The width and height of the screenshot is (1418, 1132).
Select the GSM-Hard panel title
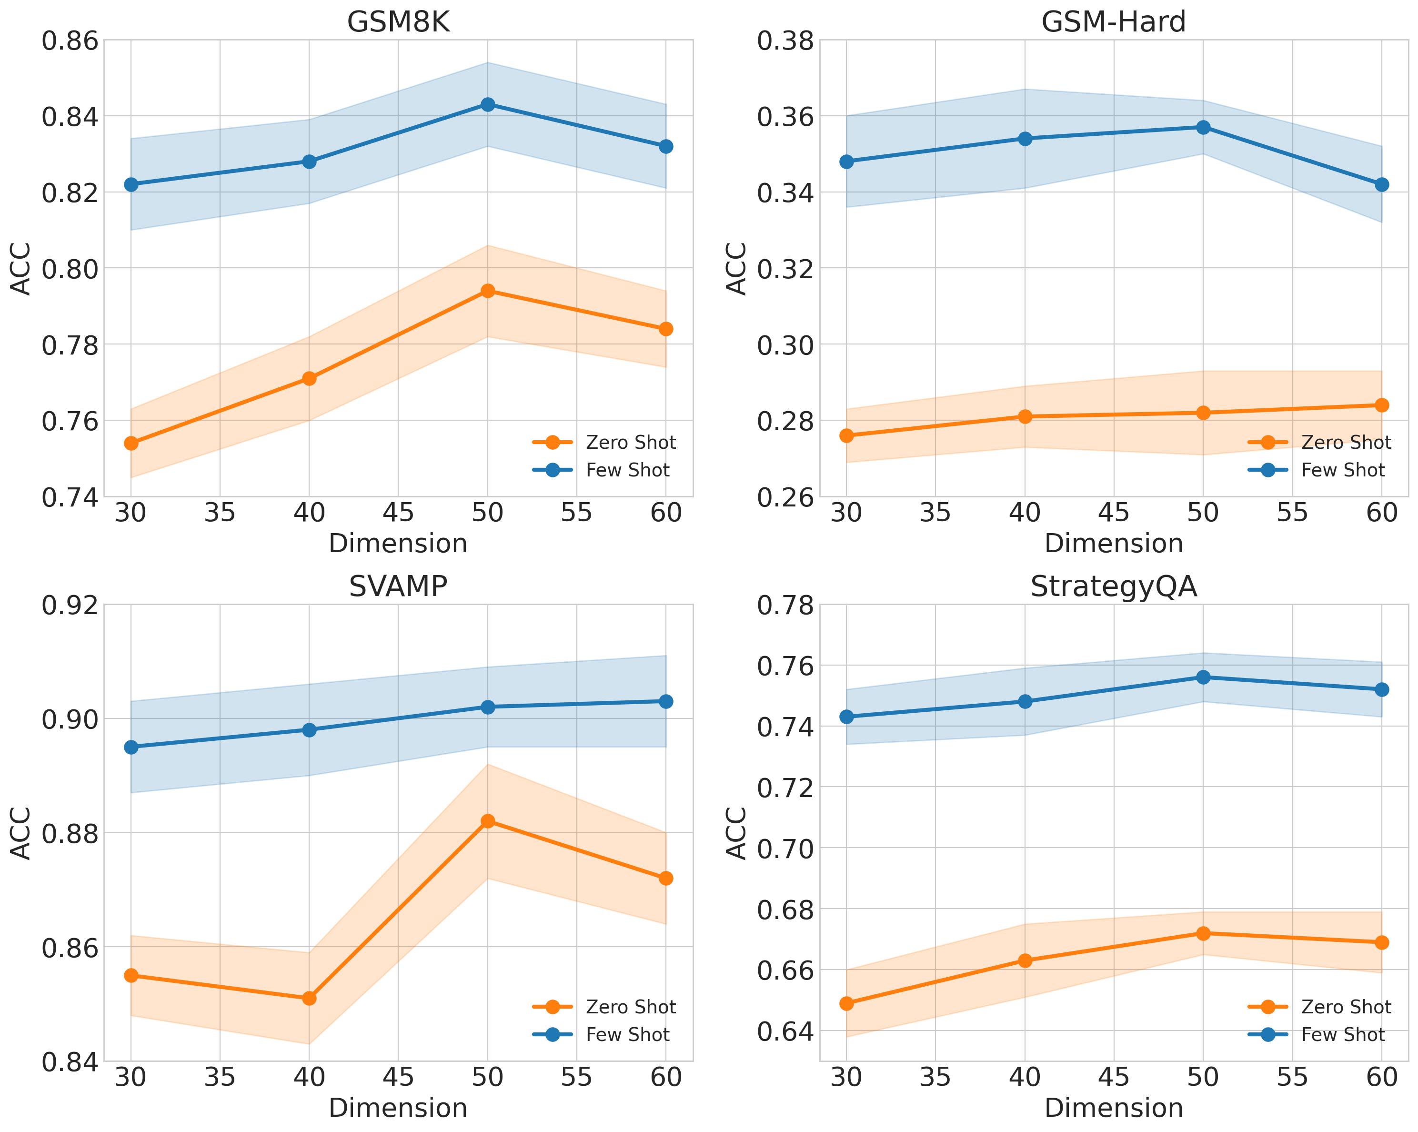(x=1114, y=22)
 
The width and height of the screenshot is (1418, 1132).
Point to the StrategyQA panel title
(x=1114, y=586)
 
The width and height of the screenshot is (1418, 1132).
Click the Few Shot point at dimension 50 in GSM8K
(x=487, y=105)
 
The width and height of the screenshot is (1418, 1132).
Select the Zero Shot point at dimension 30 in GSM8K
(x=131, y=444)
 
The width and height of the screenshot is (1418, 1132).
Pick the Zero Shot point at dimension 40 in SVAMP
(x=309, y=999)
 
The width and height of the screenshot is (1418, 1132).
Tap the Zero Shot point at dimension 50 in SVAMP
(x=487, y=821)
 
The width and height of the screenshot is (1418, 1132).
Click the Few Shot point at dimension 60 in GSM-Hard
(x=1382, y=185)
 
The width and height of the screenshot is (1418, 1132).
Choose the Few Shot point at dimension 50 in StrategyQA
(x=1203, y=677)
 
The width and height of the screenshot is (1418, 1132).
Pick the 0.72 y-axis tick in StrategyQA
(x=785, y=788)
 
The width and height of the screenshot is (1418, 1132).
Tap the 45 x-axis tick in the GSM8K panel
(x=398, y=512)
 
